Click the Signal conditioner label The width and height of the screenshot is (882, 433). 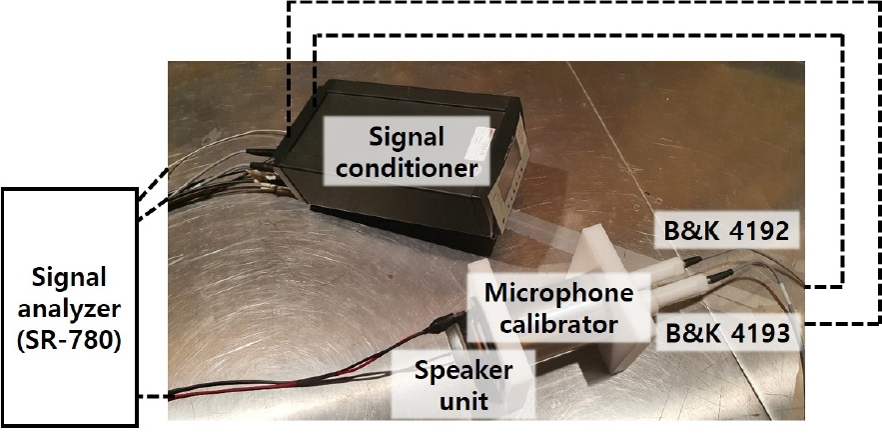tap(407, 152)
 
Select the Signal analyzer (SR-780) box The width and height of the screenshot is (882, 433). tap(69, 307)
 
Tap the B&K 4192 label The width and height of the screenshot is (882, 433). tap(727, 230)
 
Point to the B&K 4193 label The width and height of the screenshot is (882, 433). tap(728, 333)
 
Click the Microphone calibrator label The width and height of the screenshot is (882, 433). tap(558, 308)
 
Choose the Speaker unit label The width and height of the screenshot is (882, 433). tap(463, 386)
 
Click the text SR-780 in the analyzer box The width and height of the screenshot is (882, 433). tap(69, 342)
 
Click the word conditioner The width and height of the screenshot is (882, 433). tap(407, 168)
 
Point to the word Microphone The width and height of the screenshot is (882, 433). tap(558, 292)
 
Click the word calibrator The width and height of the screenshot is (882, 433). tap(558, 324)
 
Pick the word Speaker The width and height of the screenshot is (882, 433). tap(463, 370)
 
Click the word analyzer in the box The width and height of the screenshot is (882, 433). tap(69, 309)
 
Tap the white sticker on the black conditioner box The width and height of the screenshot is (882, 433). tap(483, 143)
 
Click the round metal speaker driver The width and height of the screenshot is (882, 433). tap(455, 342)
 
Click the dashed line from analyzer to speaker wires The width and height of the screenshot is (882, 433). tap(154, 397)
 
